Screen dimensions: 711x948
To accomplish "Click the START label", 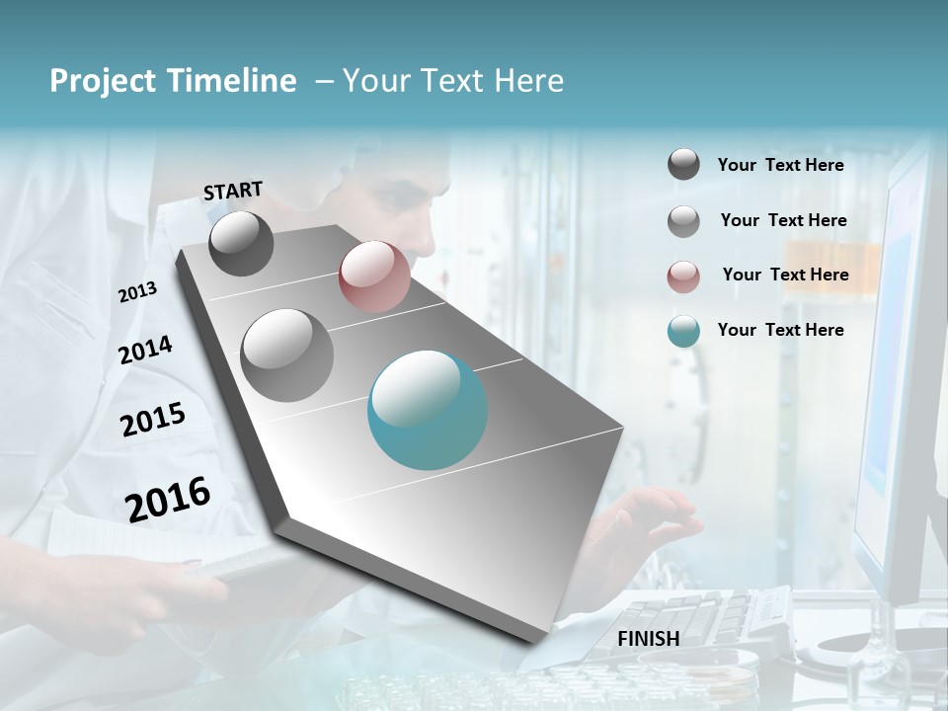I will point(233,191).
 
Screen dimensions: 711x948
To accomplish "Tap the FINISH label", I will point(648,639).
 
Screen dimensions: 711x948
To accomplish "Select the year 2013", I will point(137,292).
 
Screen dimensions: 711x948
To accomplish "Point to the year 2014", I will point(145,351).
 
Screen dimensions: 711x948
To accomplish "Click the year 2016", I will point(168,499).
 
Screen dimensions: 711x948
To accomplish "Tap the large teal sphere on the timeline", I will point(428,410).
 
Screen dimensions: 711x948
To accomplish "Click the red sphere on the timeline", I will point(374,277).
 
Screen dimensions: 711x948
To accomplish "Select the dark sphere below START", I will point(242,244).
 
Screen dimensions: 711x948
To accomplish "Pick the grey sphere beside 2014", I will point(287,355).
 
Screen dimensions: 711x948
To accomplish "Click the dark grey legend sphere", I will point(683,165).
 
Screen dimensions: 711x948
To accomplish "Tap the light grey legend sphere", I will point(683,221).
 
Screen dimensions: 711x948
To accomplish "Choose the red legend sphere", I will point(683,276).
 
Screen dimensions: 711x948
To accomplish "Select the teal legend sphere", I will point(683,332).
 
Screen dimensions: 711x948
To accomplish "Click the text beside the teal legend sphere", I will point(780,330).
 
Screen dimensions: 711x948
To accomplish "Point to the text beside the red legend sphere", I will point(785,275).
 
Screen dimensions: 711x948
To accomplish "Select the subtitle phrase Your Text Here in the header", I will point(453,81).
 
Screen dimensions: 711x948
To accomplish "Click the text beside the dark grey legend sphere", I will point(780,165).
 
